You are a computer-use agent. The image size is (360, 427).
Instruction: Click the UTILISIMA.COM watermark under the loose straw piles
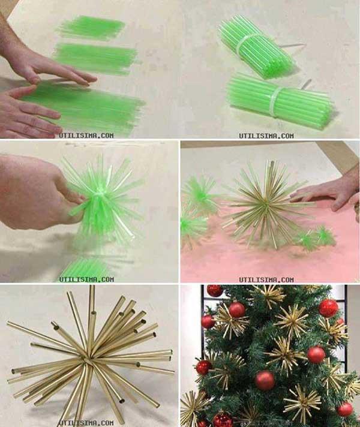tap(86, 135)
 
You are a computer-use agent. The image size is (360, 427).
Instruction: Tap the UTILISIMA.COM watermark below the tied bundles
tap(266, 136)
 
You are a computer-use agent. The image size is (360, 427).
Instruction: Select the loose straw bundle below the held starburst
tap(84, 269)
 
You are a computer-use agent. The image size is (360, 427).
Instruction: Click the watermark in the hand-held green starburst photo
tap(86, 279)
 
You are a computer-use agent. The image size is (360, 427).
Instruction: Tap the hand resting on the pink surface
tap(327, 192)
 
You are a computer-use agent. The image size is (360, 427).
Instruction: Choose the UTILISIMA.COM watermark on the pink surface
tap(266, 279)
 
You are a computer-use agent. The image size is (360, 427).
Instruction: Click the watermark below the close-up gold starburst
tap(86, 422)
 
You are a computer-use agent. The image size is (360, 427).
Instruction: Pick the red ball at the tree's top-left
tap(215, 291)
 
